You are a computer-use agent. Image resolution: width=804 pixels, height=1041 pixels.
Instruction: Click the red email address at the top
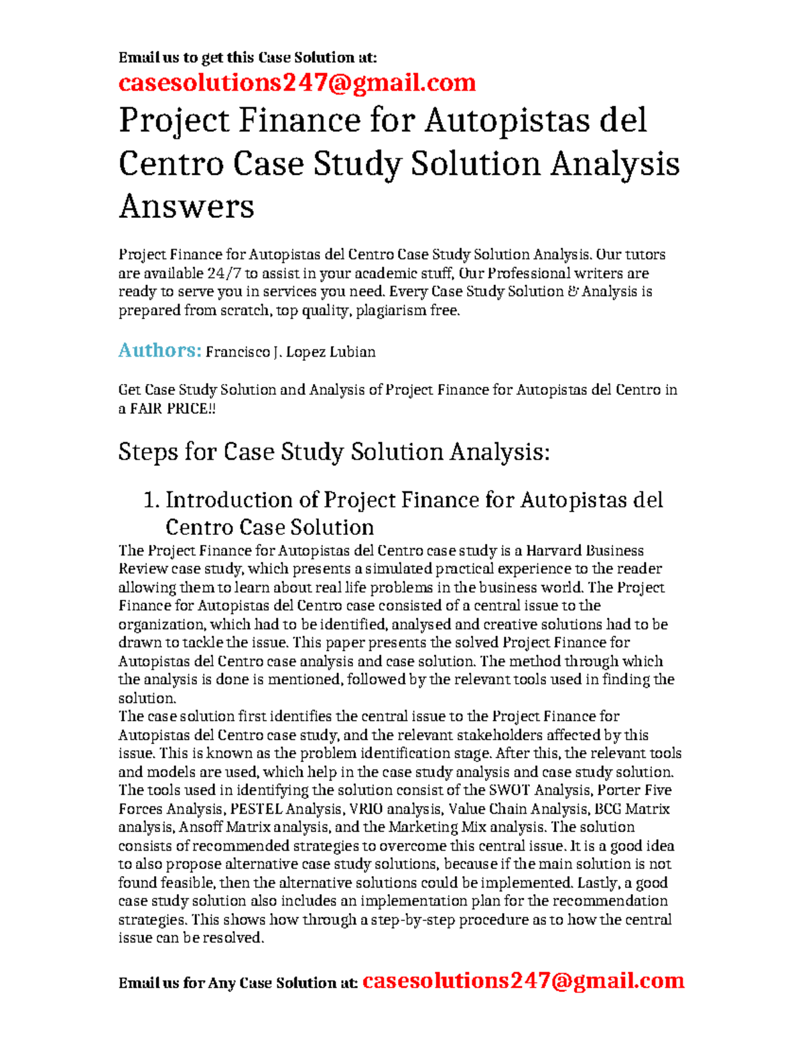297,82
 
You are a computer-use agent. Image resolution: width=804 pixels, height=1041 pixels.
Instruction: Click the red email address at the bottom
523,981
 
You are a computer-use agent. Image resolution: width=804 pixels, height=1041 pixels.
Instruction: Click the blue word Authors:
159,350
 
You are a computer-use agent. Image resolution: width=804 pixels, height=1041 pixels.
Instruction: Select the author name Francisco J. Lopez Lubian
290,352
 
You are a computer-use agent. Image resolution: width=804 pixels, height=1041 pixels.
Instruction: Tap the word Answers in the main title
186,206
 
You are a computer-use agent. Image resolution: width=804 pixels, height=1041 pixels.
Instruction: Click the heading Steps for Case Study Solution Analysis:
334,452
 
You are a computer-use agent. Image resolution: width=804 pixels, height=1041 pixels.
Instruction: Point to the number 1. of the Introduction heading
152,500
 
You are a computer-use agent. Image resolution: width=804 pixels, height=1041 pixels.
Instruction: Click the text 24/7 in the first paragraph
223,273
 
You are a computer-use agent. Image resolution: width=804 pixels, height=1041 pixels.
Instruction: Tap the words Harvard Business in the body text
584,551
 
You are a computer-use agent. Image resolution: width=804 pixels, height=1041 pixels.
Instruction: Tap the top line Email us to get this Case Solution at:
248,58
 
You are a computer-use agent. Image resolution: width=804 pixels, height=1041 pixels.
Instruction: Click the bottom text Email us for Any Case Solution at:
238,983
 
